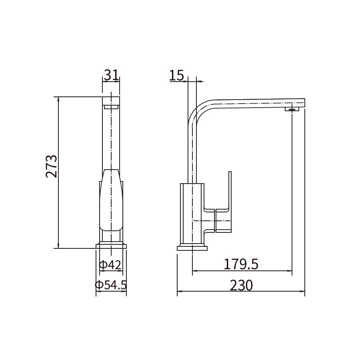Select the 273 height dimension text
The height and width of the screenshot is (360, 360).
pos(52,166)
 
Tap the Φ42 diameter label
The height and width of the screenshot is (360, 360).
pos(110,265)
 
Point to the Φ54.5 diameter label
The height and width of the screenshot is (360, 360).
pos(111,285)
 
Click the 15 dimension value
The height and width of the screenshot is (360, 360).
pos(176,75)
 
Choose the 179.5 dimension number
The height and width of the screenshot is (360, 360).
pos(241,264)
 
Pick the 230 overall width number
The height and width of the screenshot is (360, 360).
pos(241,285)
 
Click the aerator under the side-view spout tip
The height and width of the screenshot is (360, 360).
pos(292,109)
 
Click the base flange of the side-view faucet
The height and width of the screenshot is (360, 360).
pos(192,248)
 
